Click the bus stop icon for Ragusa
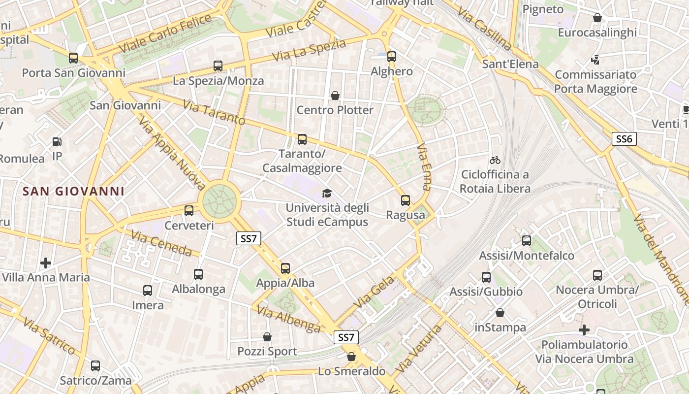(406, 200)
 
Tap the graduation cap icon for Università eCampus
(327, 193)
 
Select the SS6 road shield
(624, 139)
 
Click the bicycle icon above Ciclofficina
(495, 160)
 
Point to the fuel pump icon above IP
(57, 142)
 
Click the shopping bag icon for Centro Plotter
(335, 95)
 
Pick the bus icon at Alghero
(392, 57)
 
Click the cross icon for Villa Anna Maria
(46, 263)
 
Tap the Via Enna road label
(424, 167)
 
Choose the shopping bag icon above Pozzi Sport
(267, 337)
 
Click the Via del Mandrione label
(661, 260)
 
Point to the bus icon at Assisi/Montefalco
(527, 241)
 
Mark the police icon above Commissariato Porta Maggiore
(595, 60)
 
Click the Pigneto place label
(543, 9)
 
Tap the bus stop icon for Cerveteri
(189, 211)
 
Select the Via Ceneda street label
(162, 244)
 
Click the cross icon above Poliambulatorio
(584, 329)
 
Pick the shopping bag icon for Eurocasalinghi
(597, 18)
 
